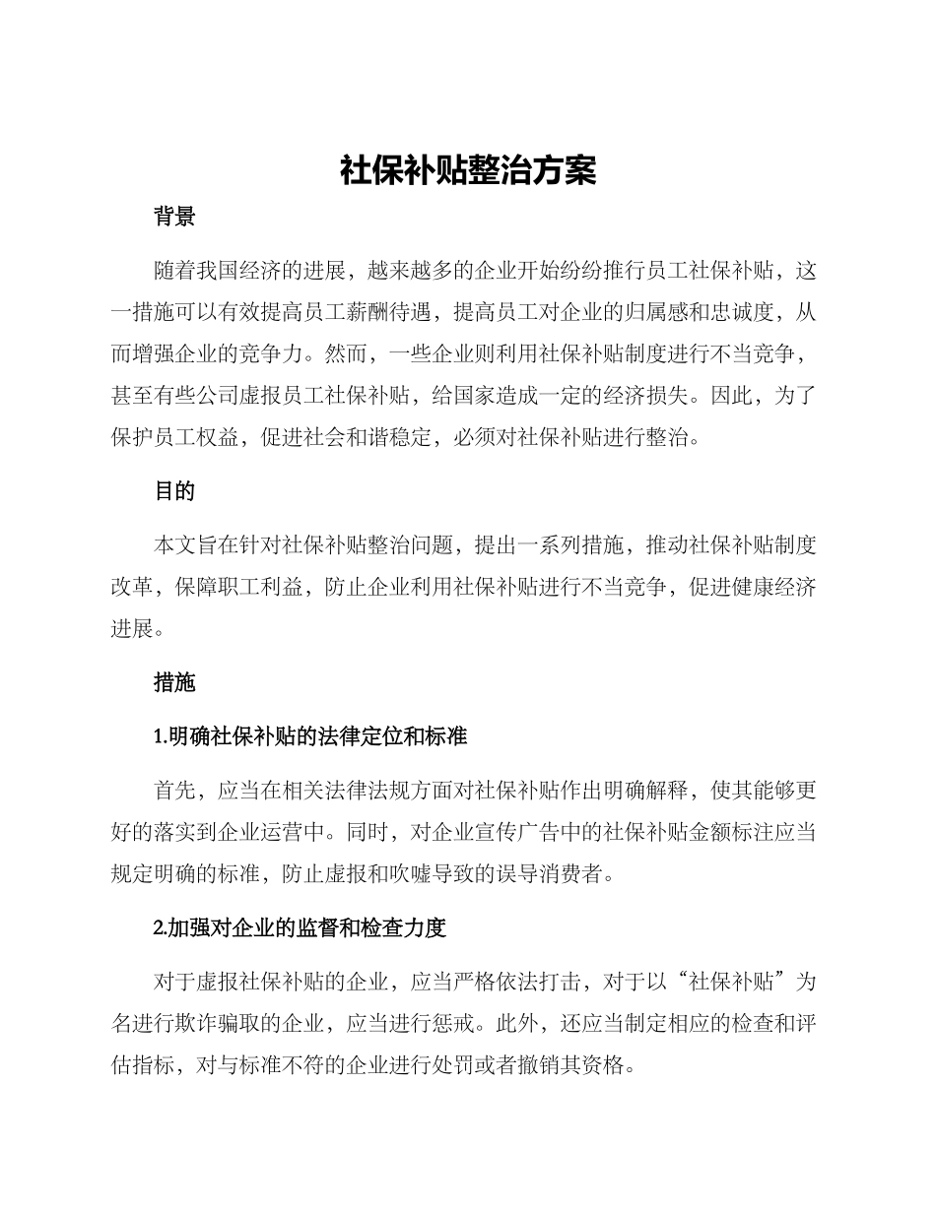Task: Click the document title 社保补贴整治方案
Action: tap(468, 170)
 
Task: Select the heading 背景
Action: tap(174, 218)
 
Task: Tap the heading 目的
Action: tap(174, 491)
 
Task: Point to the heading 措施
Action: tap(174, 682)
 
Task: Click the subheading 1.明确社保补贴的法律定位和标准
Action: tap(310, 736)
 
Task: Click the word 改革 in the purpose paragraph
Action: tap(132, 587)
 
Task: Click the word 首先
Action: tap(175, 791)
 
